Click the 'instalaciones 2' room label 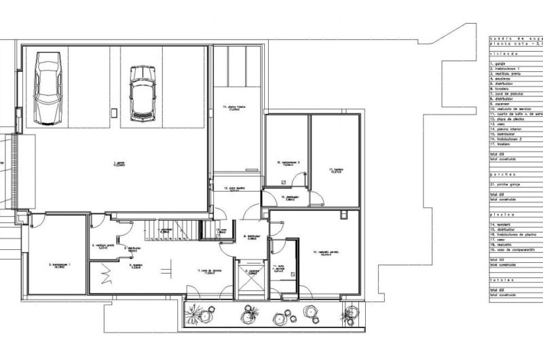(x=287, y=164)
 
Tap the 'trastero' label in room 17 (x=335, y=170)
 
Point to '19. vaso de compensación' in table (x=516, y=250)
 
